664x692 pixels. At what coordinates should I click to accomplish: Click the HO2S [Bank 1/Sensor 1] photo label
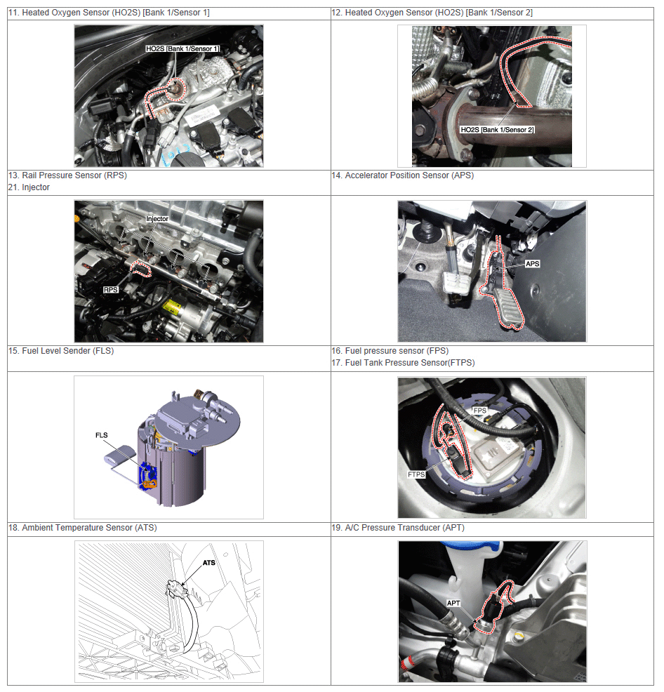[182, 48]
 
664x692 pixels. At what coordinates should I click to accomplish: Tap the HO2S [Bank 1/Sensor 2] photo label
[497, 130]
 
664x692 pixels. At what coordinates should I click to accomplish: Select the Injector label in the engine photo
[157, 219]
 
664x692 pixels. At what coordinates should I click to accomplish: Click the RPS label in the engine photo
[111, 290]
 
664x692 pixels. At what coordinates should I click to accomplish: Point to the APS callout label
[533, 264]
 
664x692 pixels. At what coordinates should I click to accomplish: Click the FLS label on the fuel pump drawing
[102, 435]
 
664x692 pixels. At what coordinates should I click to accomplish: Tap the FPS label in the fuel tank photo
[480, 411]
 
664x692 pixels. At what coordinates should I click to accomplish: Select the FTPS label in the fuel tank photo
[416, 474]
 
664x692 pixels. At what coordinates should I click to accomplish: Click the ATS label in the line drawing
[209, 563]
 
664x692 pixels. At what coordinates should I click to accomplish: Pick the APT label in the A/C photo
[453, 604]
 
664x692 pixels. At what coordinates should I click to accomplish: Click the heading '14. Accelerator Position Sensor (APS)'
[403, 175]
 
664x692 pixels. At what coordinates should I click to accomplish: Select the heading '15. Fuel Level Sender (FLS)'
[61, 351]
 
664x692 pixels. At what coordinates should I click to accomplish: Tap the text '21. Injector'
[29, 187]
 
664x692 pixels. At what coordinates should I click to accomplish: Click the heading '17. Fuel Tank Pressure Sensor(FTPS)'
[403, 363]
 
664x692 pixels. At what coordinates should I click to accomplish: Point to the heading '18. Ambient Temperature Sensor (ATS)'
[83, 527]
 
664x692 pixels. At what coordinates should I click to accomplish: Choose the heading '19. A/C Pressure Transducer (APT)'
[398, 527]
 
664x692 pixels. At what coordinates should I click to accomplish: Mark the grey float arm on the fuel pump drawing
[120, 455]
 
